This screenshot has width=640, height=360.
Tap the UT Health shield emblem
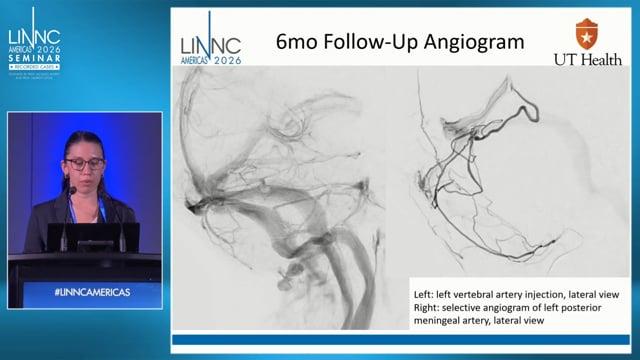click(585, 34)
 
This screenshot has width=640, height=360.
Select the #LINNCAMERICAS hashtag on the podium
click(84, 290)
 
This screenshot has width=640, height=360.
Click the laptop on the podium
click(90, 237)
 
